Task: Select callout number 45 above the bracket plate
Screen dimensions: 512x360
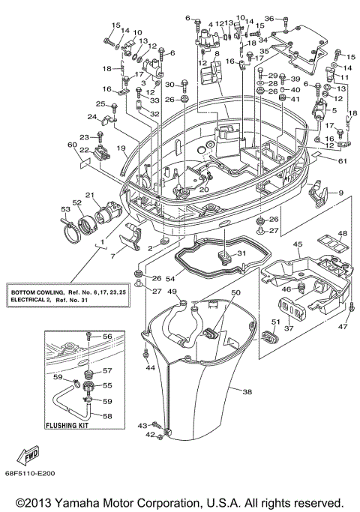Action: pos(297,245)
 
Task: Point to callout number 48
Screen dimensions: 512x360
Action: pos(342,233)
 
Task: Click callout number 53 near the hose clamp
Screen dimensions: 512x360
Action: pos(65,211)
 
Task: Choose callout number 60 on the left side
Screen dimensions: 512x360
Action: pos(73,145)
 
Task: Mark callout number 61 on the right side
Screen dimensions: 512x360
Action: pos(343,160)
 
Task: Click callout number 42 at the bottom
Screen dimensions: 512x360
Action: pos(149,436)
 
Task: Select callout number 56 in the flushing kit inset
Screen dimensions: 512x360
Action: pos(106,337)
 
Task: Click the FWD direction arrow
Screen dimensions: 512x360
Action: pos(29,457)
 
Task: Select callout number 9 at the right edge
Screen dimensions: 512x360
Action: pos(341,193)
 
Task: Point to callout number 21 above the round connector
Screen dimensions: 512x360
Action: pos(89,196)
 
